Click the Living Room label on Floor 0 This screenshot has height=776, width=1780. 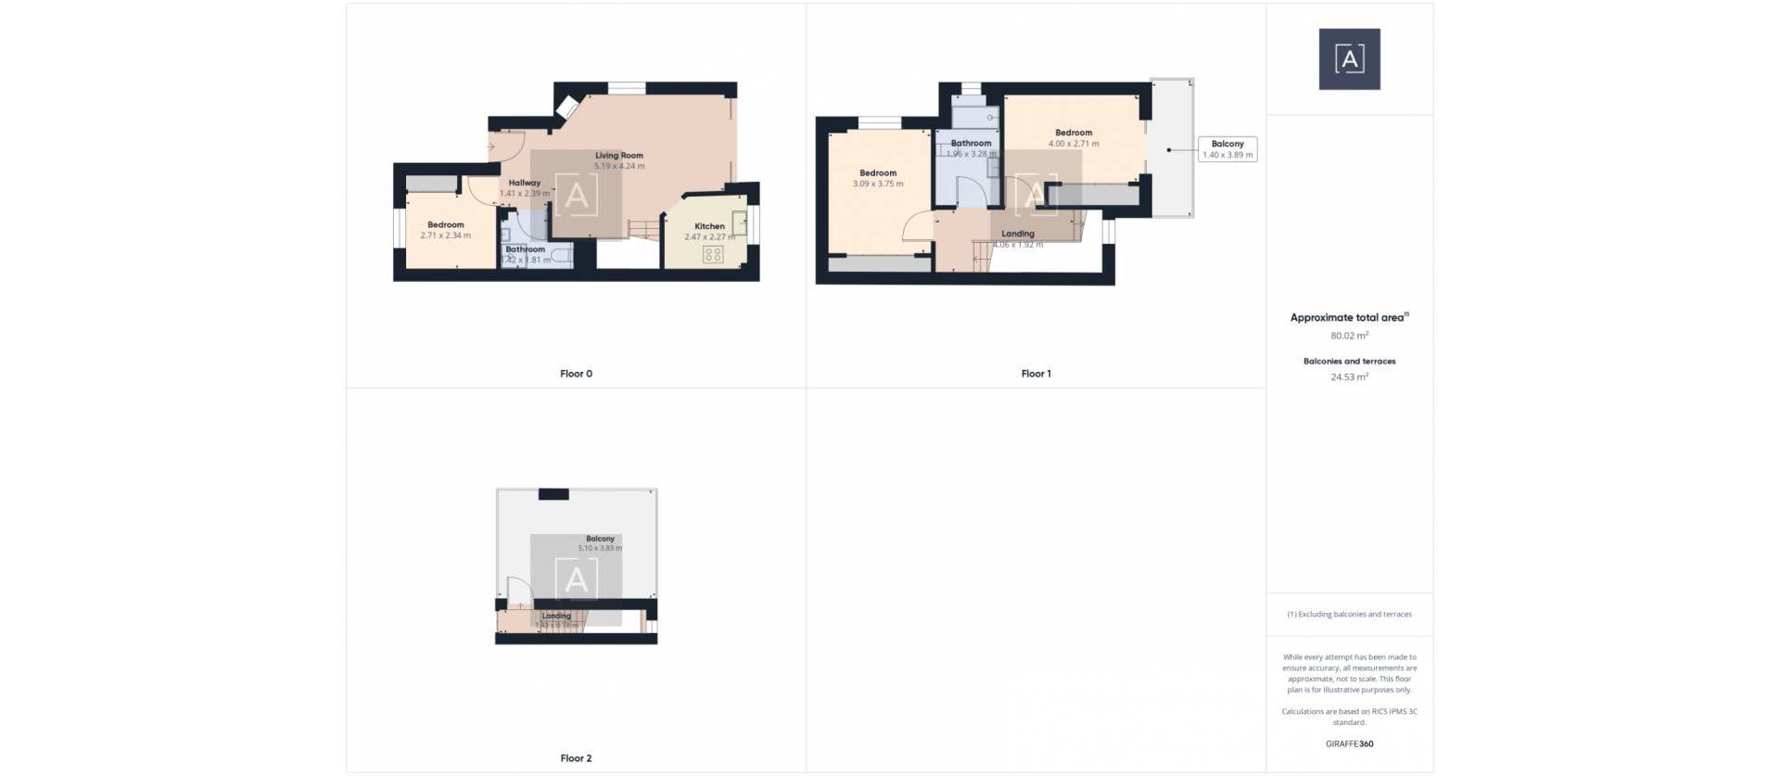click(x=618, y=156)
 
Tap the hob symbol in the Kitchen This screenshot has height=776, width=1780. click(x=712, y=254)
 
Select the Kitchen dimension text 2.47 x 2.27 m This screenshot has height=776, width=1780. click(x=709, y=237)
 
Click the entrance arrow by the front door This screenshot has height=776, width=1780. click(x=491, y=146)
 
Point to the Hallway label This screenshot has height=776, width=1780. click(x=524, y=183)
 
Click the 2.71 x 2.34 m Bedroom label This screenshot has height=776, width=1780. click(x=445, y=225)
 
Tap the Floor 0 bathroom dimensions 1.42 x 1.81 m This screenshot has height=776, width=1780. click(x=526, y=261)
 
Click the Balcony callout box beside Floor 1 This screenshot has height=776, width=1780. click(x=1227, y=149)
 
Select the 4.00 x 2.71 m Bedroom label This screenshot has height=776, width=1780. click(x=1074, y=133)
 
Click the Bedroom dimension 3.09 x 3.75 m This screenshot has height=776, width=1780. click(x=878, y=184)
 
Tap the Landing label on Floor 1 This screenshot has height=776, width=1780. click(x=1017, y=234)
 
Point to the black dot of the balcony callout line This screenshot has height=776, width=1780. click(x=1169, y=150)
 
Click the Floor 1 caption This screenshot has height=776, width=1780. click(x=1036, y=374)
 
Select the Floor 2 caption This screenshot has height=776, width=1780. click(x=576, y=758)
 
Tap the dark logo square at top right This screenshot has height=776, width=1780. click(x=1349, y=59)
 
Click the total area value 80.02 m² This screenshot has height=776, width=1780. click(x=1349, y=336)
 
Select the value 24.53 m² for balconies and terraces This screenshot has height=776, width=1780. click(x=1349, y=377)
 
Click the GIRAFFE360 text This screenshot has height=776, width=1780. click(x=1349, y=744)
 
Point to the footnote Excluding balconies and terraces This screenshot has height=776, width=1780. click(x=1349, y=615)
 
